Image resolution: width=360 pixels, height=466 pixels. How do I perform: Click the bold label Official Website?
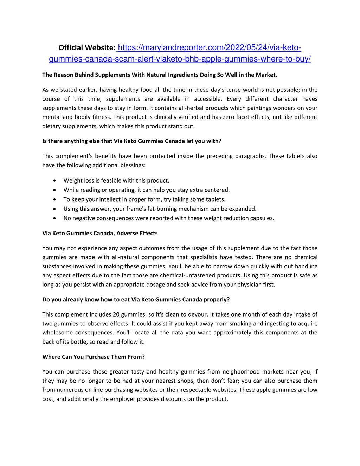click(87, 48)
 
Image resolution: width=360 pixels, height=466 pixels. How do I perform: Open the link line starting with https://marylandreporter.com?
click(209, 48)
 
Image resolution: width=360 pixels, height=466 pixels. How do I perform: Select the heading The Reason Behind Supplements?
click(160, 75)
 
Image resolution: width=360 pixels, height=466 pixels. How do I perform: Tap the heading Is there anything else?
click(132, 141)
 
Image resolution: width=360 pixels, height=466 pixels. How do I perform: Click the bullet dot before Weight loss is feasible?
click(54, 180)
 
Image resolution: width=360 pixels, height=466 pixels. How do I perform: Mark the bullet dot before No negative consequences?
click(54, 218)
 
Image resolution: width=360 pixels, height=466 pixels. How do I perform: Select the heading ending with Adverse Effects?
click(100, 233)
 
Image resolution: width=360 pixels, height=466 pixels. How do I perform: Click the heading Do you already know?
click(136, 300)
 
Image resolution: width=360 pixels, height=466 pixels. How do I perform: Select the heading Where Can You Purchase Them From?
click(94, 357)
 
